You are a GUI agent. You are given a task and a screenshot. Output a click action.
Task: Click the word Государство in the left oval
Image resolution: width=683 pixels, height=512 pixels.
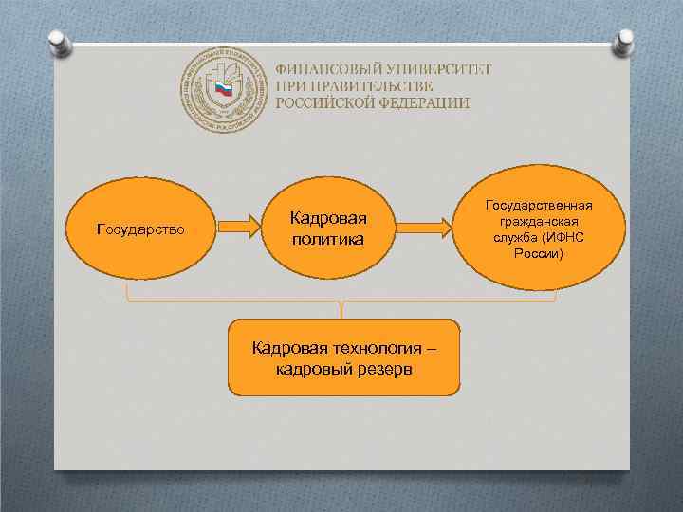(x=141, y=229)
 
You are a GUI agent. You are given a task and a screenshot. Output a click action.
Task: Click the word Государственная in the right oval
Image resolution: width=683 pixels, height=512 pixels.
(x=539, y=205)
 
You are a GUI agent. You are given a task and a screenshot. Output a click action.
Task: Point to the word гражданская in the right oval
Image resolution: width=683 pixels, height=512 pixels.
(x=539, y=221)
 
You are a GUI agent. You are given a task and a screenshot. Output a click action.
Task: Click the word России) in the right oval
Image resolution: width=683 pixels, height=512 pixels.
(x=539, y=254)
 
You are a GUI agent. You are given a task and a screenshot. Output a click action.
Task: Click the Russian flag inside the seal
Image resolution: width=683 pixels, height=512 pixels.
(x=221, y=90)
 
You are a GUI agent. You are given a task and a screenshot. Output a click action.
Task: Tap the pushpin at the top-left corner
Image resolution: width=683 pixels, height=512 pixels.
(x=58, y=40)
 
